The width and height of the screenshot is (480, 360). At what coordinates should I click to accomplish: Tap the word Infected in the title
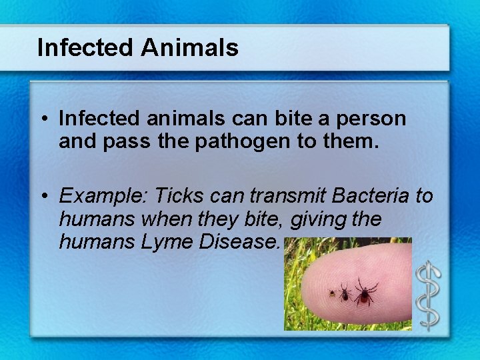click(x=86, y=48)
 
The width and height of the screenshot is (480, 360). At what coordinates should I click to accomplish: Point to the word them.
click(x=361, y=141)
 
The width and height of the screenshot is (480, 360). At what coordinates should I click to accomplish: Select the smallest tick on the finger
click(x=331, y=293)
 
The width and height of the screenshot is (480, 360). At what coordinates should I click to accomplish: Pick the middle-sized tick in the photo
click(x=345, y=291)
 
